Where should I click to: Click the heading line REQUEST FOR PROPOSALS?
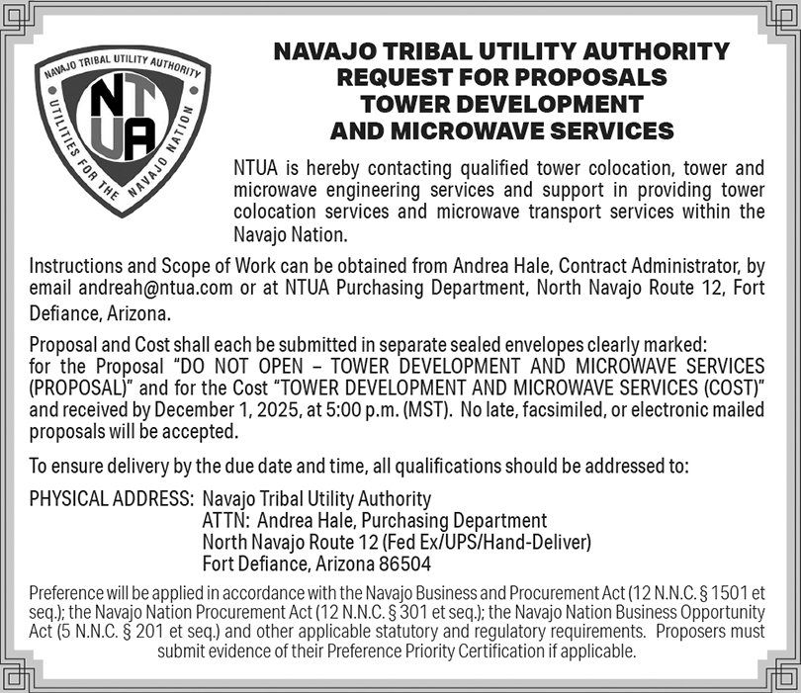[x=502, y=77]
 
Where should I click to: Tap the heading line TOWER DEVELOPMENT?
[x=502, y=104]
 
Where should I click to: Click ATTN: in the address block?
[x=224, y=520]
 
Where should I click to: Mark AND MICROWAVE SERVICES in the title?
[x=502, y=130]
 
